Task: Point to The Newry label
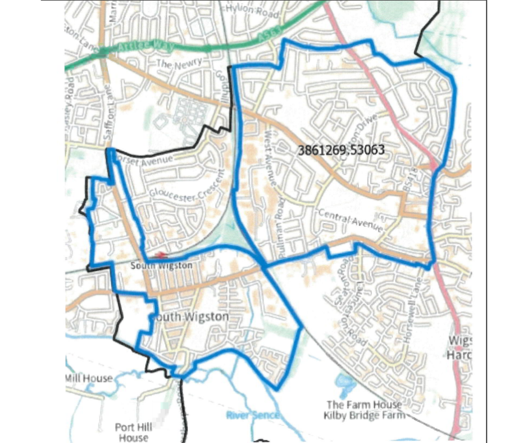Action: pos(178,64)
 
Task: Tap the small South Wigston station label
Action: pos(161,265)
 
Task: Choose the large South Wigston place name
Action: pos(189,317)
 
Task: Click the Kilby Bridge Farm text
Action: pos(364,415)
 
